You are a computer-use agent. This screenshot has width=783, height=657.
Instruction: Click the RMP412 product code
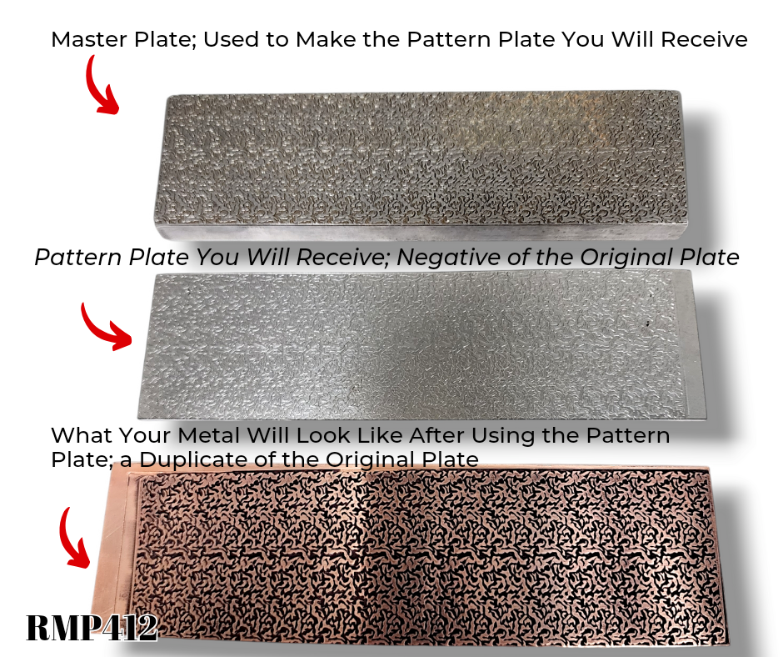pyautogui.click(x=92, y=627)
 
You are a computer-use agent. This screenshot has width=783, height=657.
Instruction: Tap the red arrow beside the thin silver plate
pyautogui.click(x=104, y=325)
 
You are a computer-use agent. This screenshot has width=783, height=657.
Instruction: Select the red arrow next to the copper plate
pyautogui.click(x=77, y=538)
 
